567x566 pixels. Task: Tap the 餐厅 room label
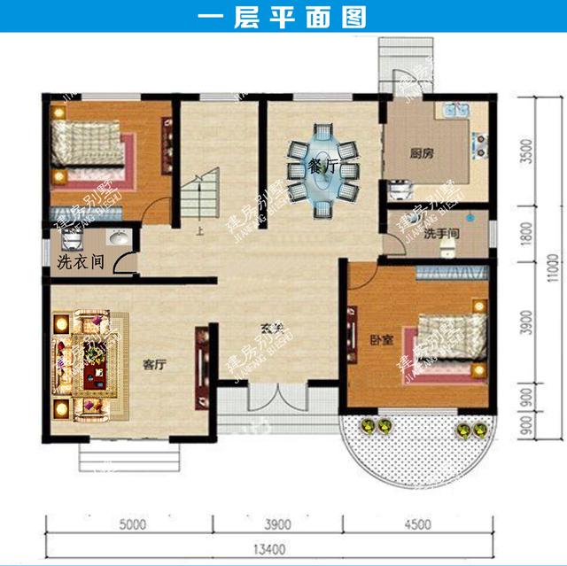click(322, 166)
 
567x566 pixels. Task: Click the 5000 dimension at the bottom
click(130, 523)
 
